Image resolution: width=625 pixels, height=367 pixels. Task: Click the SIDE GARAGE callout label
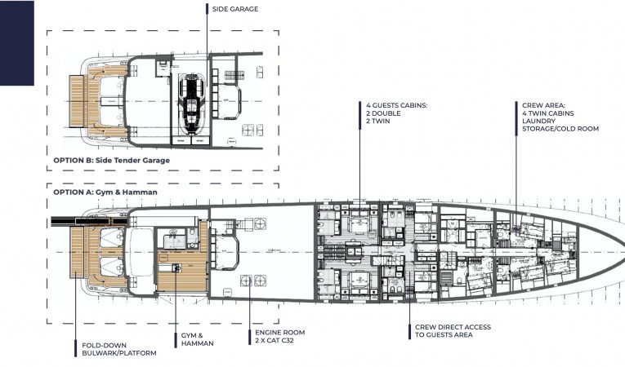coord(235,9)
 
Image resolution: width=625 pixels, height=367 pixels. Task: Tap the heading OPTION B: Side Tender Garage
coord(112,160)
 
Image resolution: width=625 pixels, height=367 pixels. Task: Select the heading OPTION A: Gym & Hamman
coord(105,192)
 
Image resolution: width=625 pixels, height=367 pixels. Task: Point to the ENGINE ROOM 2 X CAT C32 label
coord(279,336)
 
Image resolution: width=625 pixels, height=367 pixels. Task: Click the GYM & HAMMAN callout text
coord(198,339)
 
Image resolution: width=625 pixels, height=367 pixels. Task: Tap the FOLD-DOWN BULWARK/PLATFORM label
coord(119,349)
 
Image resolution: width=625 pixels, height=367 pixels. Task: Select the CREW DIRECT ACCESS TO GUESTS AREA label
coord(453,331)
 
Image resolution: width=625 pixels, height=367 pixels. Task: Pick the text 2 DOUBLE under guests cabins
coord(383,113)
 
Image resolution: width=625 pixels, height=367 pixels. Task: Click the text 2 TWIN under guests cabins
coord(378,121)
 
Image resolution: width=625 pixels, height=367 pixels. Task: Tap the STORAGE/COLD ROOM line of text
coord(560,129)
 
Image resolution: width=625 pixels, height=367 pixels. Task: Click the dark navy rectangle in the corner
coord(16,42)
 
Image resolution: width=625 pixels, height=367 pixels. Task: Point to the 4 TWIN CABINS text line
coord(548,113)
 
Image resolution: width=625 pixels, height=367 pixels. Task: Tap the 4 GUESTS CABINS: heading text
coord(397,105)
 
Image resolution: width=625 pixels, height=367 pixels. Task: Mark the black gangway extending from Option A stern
coord(90,221)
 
